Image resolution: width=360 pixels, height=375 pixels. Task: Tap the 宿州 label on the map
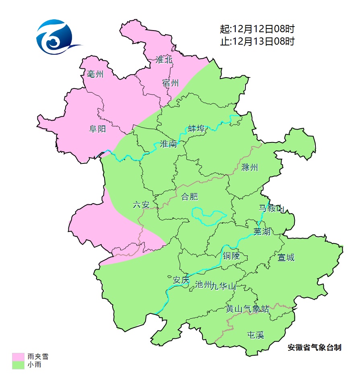171,83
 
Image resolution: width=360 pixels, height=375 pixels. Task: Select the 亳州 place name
95,74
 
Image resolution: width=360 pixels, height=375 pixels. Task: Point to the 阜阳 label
97,129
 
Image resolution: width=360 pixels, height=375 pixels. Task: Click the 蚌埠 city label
197,129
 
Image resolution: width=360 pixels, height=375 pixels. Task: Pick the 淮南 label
168,144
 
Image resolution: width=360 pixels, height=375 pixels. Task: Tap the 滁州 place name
250,167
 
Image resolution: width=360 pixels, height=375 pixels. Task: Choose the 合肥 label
189,197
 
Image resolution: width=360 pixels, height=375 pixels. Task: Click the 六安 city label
141,205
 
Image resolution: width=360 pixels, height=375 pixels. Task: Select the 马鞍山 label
271,208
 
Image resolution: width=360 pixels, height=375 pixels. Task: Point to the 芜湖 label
262,231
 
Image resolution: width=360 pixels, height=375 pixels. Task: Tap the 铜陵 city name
231,256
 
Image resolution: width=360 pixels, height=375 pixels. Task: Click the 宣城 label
286,257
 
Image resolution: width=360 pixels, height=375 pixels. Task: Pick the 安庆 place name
181,280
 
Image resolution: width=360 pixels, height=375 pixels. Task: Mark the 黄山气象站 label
247,309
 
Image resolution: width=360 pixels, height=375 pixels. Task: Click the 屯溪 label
255,335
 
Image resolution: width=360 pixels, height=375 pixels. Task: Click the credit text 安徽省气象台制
315,347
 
